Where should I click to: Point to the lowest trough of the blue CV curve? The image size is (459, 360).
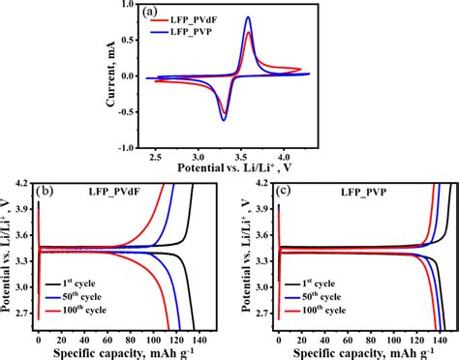(x=224, y=120)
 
